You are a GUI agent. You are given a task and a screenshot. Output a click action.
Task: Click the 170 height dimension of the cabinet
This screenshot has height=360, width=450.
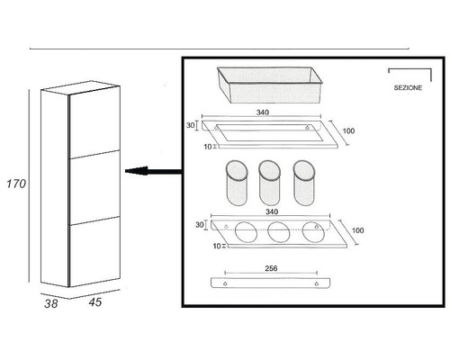click(x=16, y=184)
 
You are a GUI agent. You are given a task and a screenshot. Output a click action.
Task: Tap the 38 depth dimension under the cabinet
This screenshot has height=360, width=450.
click(x=50, y=303)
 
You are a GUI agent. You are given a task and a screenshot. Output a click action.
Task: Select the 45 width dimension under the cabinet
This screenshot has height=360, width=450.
click(x=95, y=302)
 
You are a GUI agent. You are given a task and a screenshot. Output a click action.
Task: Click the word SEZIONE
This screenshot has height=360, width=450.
click(x=408, y=88)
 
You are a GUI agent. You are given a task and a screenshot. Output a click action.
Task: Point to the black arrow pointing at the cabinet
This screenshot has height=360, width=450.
click(x=153, y=171)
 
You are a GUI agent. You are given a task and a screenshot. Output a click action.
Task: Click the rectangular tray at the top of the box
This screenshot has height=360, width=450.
click(x=269, y=85)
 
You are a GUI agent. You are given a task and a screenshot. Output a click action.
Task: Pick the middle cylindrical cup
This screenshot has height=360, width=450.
click(x=269, y=183)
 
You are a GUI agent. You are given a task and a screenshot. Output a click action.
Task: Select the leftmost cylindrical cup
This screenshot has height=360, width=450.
click(x=237, y=183)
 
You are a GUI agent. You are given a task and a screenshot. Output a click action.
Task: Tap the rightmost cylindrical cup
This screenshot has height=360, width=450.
click(x=304, y=183)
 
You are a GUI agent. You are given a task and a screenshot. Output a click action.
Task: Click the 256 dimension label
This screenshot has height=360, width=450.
click(x=271, y=268)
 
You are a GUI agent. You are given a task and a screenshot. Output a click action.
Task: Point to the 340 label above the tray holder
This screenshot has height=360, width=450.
click(x=263, y=112)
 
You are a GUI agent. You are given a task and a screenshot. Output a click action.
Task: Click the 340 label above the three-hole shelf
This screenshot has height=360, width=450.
click(x=272, y=211)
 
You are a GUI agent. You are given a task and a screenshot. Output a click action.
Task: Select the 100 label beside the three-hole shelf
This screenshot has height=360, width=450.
click(x=357, y=230)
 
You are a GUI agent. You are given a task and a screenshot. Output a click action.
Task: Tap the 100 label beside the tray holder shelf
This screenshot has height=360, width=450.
click(x=348, y=130)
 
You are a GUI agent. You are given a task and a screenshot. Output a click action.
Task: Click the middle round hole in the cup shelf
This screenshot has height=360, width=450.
click(x=279, y=232)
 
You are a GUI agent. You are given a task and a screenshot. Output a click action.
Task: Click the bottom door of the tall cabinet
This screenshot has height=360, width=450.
click(x=94, y=251)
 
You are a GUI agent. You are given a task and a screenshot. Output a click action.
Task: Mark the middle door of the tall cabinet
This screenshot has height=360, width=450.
click(x=94, y=187)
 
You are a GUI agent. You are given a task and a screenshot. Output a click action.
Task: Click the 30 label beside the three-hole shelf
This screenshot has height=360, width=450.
click(x=200, y=225)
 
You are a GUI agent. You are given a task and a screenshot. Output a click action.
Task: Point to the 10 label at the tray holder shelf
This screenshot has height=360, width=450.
click(x=208, y=147)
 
